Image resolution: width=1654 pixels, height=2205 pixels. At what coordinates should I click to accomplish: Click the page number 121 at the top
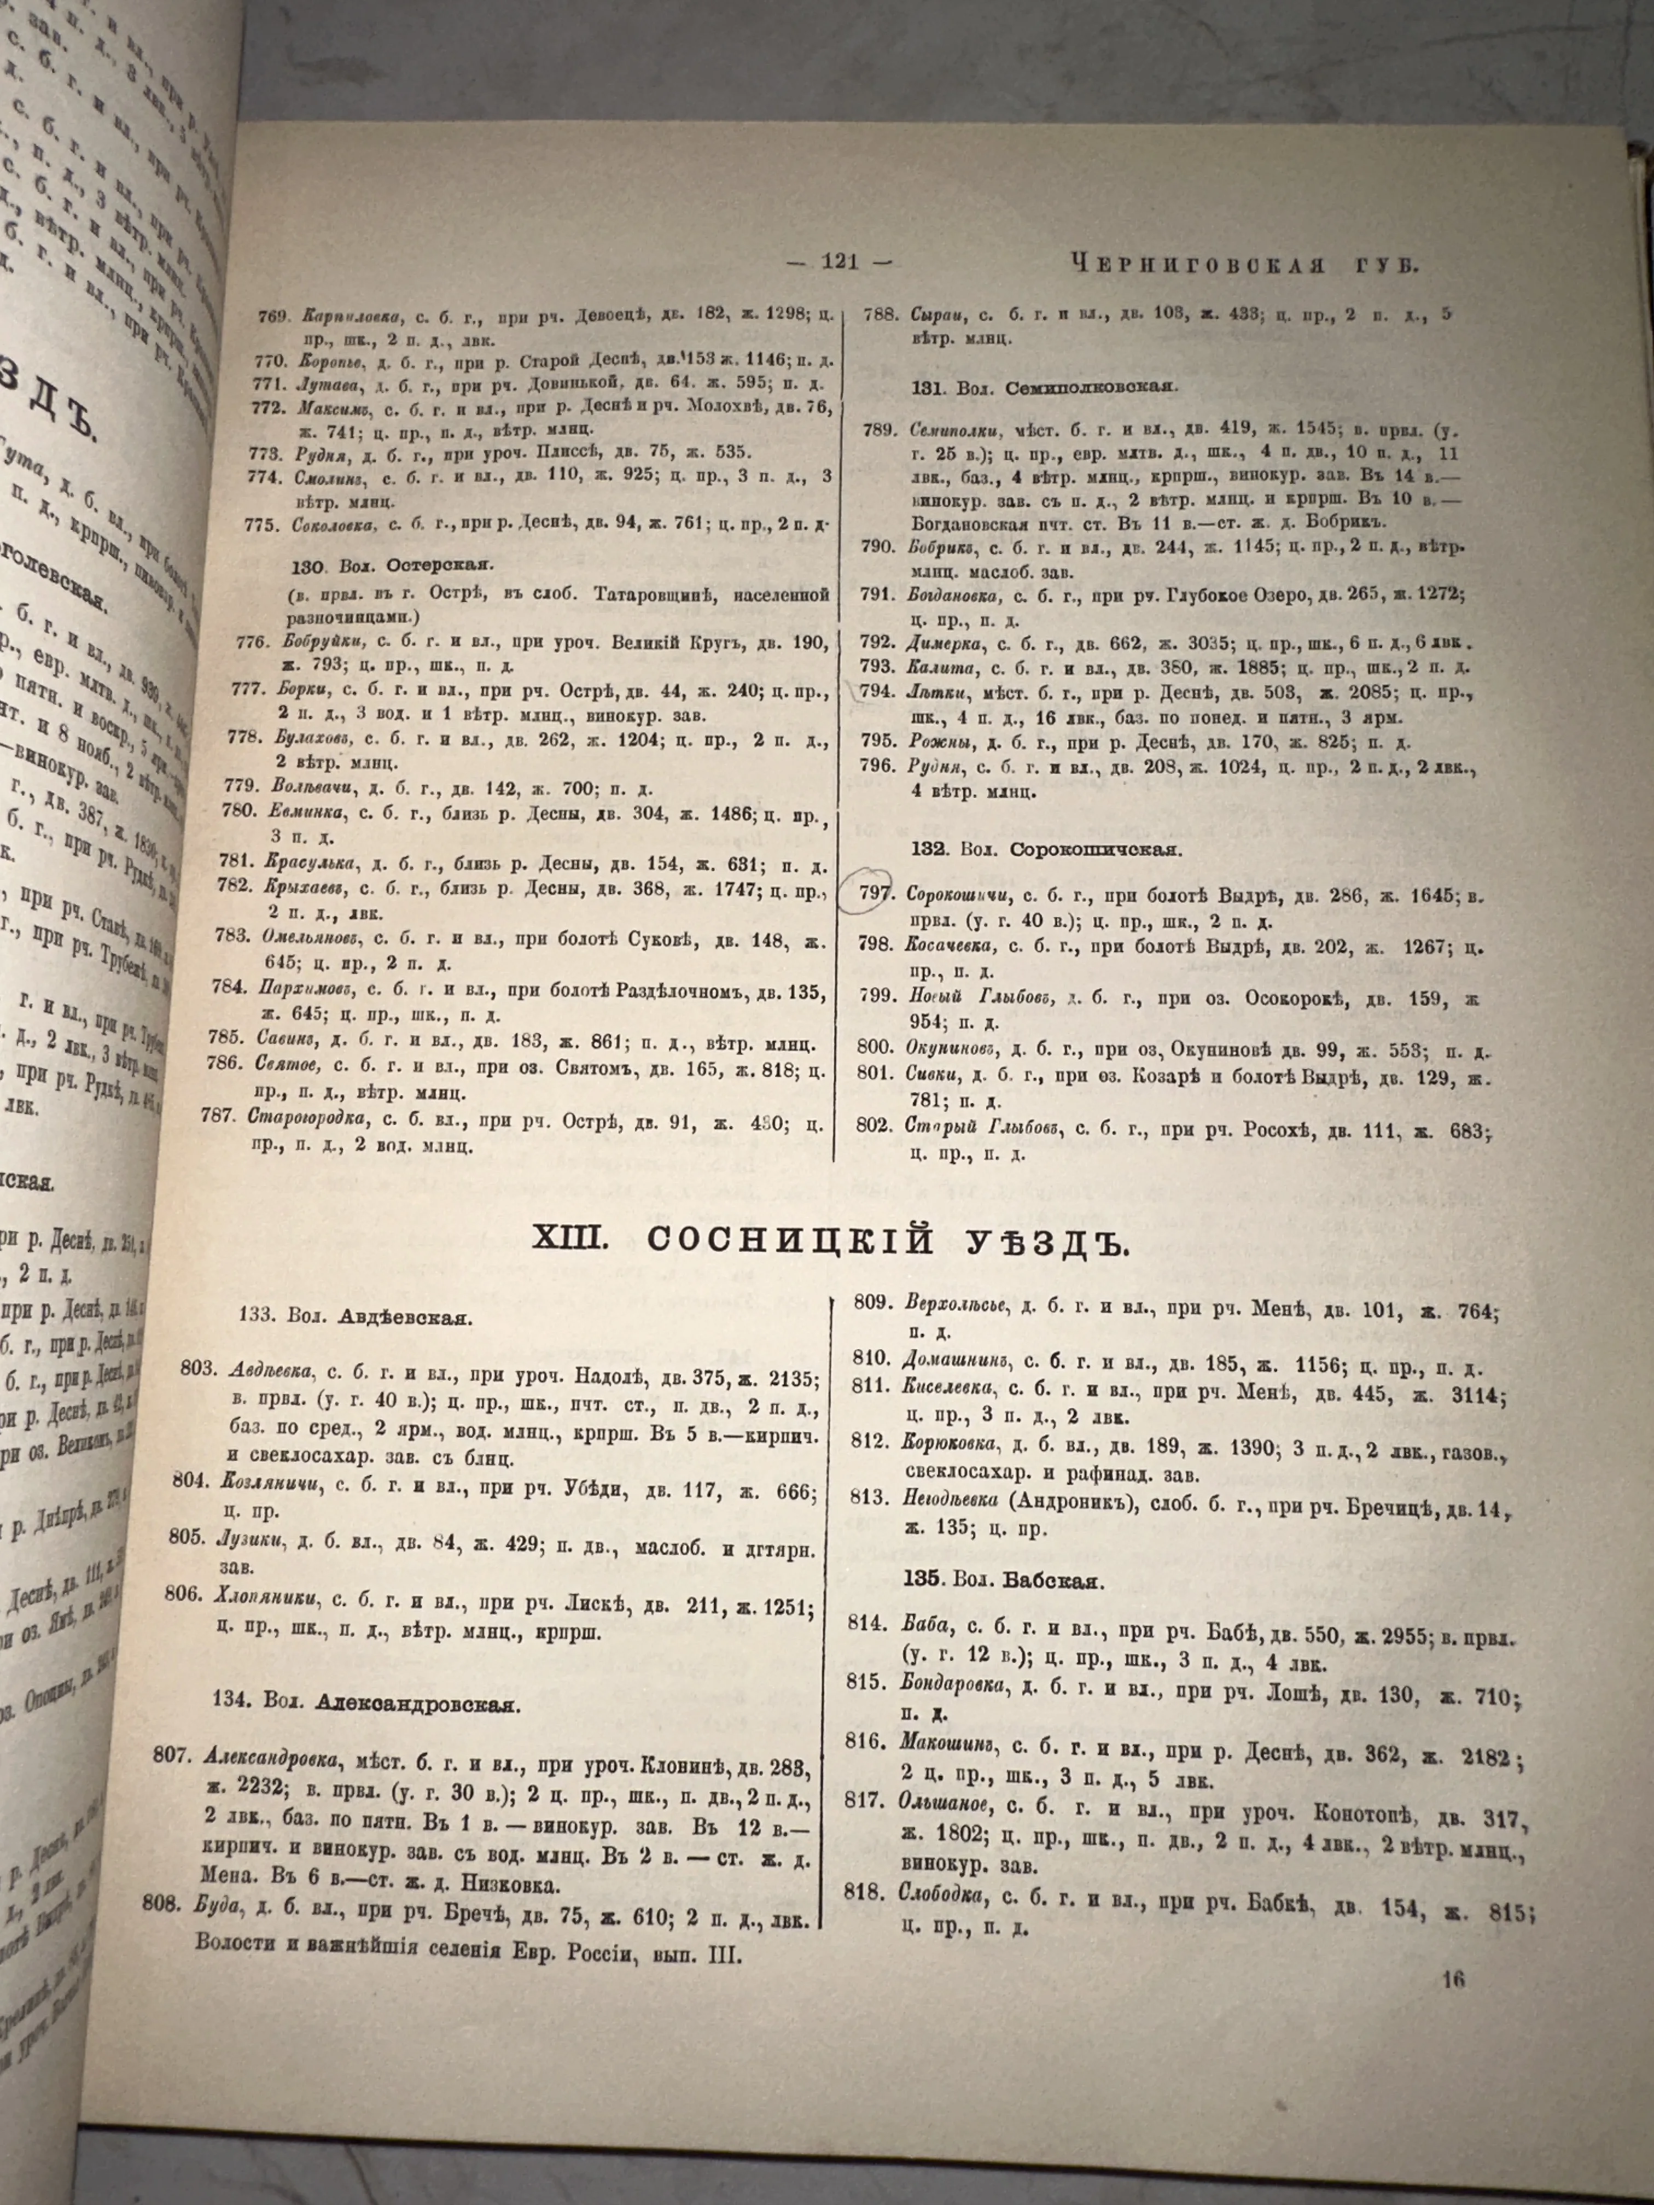pyautogui.click(x=841, y=263)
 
